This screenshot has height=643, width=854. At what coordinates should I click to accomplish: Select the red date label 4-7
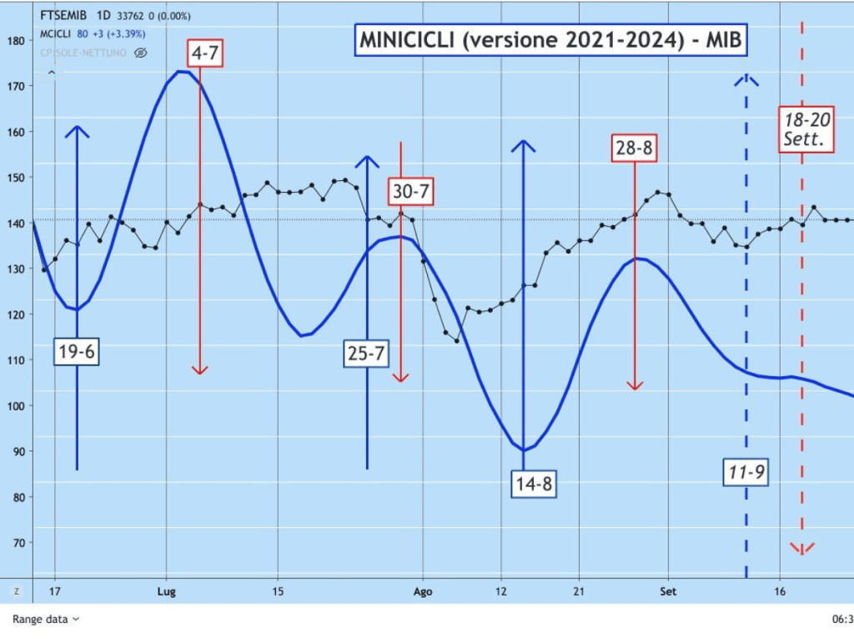(x=205, y=53)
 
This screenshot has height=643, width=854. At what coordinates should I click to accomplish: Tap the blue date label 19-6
(x=76, y=353)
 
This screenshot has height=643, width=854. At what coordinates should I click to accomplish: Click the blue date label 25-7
(x=366, y=354)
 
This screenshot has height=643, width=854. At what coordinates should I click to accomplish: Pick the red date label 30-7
(x=410, y=192)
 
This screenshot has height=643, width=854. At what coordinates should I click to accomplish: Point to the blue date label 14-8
(x=534, y=484)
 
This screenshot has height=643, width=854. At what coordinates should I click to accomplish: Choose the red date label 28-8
(x=634, y=148)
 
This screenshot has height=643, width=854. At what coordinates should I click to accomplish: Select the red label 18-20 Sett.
(x=807, y=128)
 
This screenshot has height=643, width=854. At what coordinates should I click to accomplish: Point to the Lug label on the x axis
(x=166, y=591)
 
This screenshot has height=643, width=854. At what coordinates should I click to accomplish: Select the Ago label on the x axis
(x=423, y=591)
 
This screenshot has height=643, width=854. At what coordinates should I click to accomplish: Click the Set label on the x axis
(x=668, y=591)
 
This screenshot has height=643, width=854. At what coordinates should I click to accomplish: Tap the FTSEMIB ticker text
(x=63, y=14)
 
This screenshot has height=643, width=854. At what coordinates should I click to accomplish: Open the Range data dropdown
(x=46, y=619)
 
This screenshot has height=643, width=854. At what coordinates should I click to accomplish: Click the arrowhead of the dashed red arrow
(x=802, y=548)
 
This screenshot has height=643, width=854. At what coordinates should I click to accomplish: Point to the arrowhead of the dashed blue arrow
(x=746, y=80)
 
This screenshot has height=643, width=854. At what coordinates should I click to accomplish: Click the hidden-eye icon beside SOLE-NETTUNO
(x=140, y=53)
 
